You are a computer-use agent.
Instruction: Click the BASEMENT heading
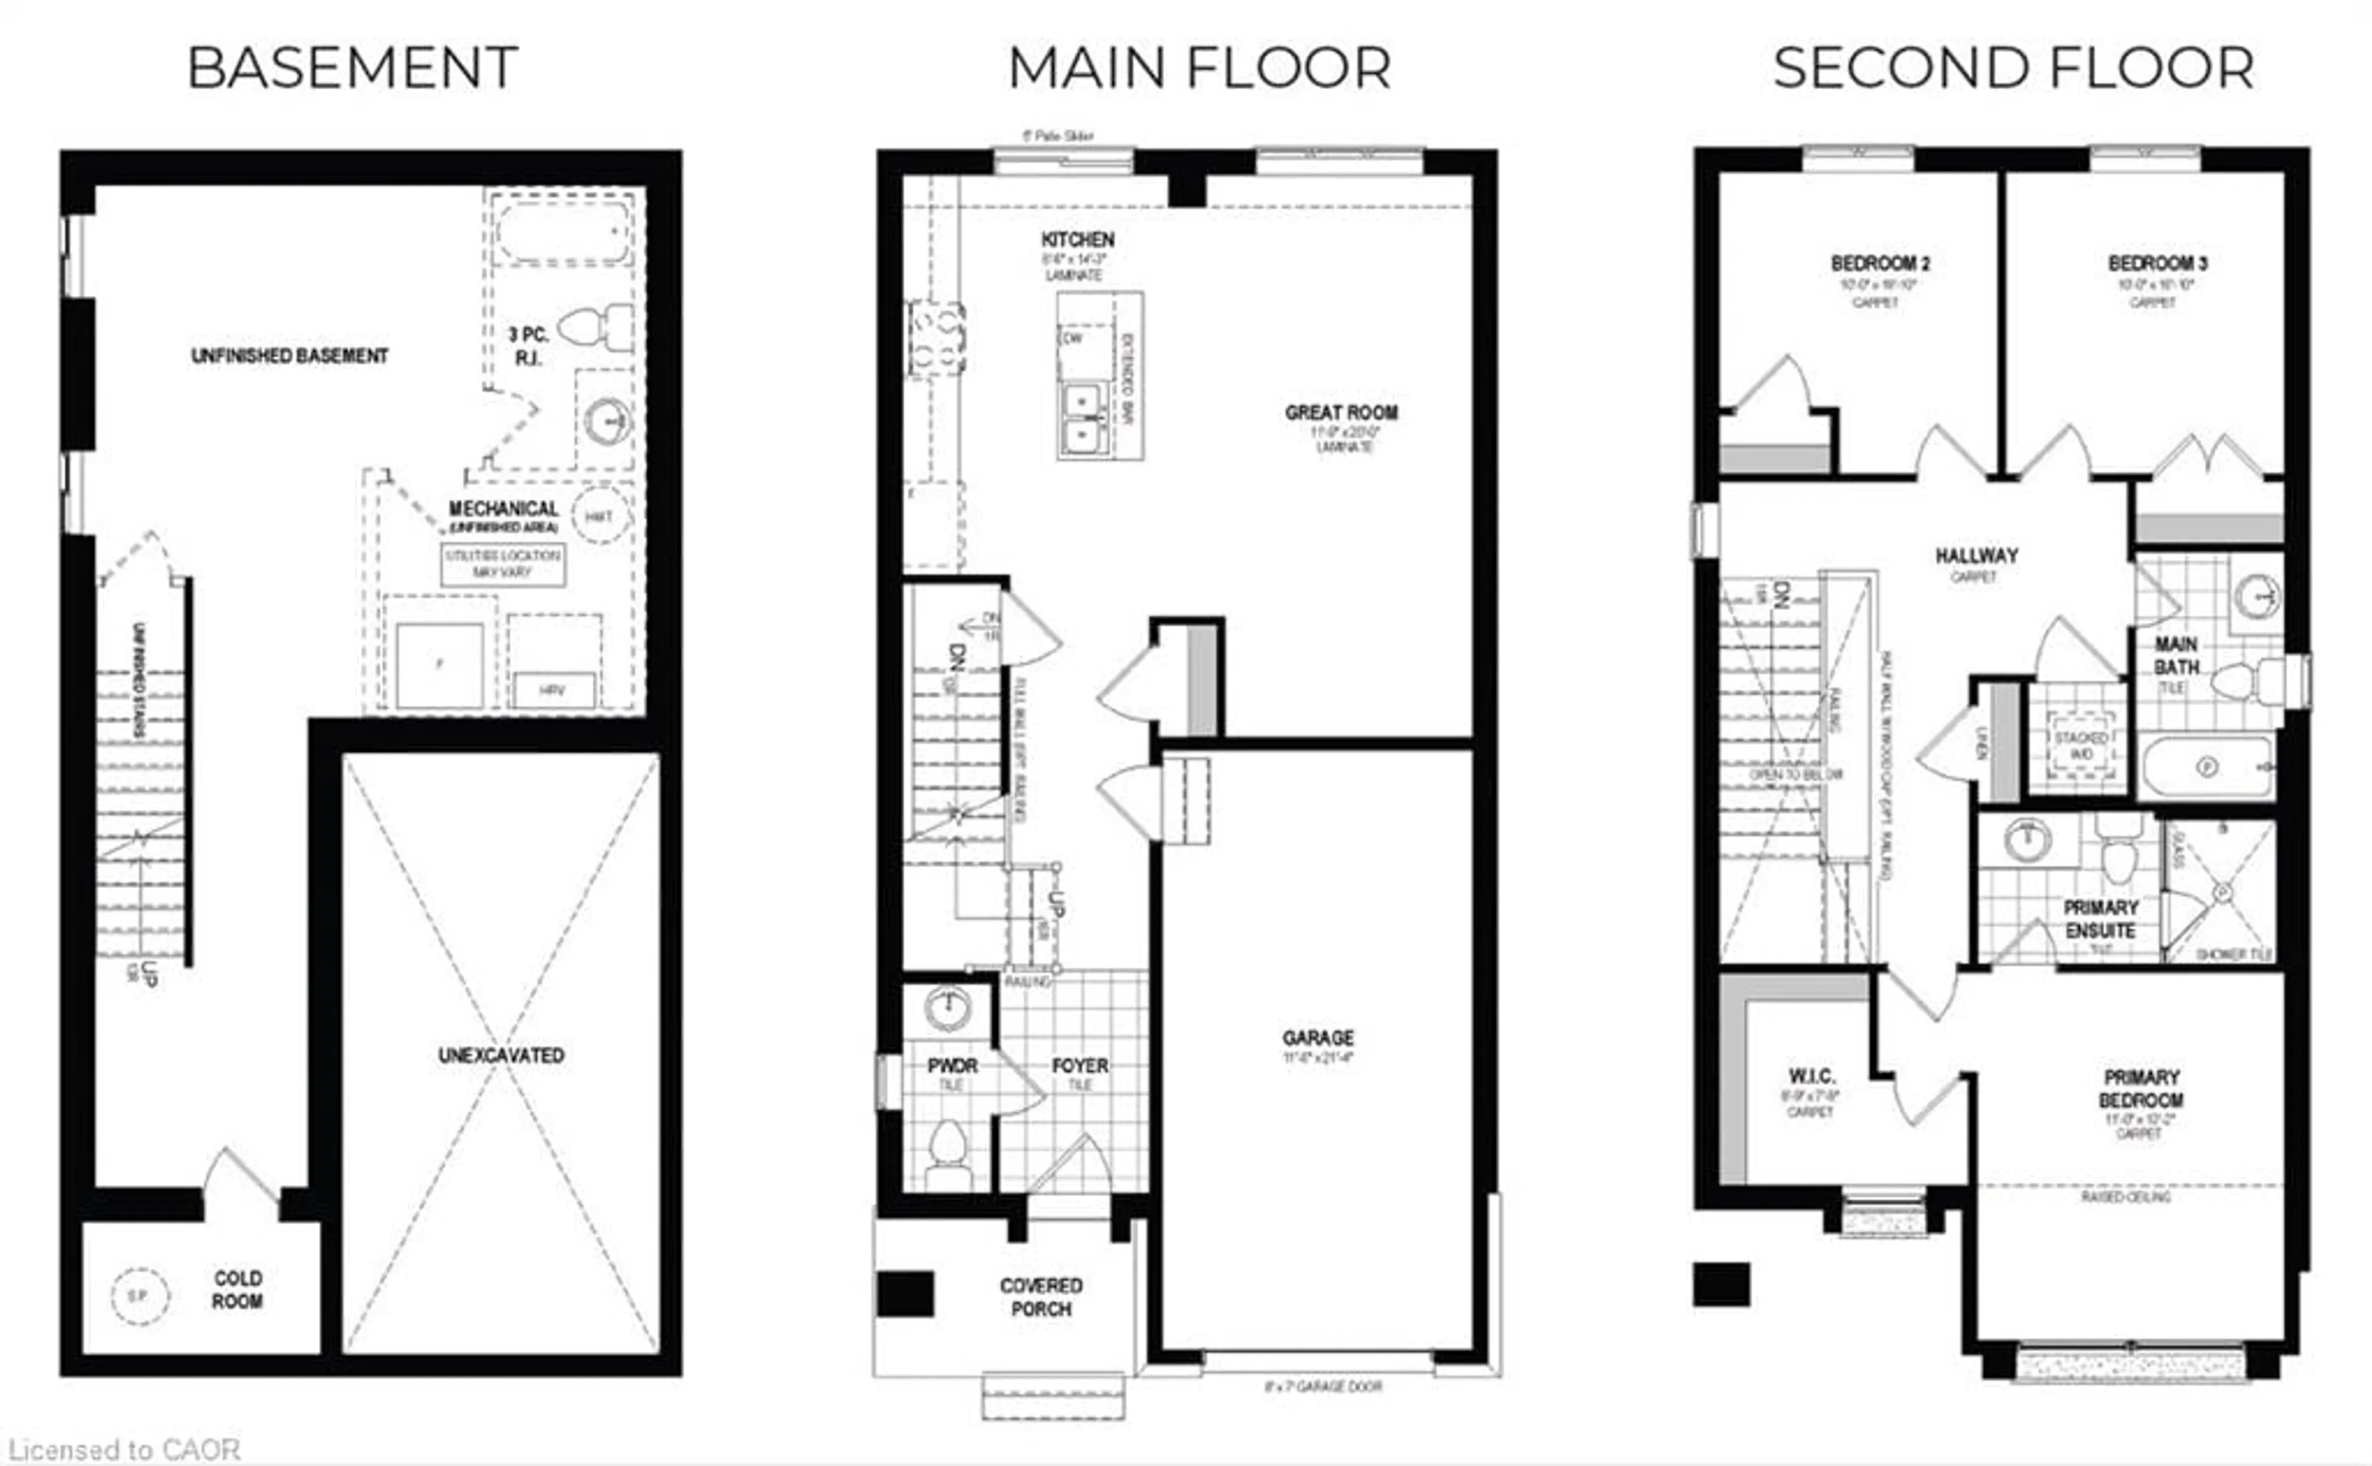tap(352, 69)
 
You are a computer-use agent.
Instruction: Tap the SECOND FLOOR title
tap(2012, 69)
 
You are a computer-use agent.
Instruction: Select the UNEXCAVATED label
tap(500, 1055)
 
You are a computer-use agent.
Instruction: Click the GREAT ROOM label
tap(1341, 413)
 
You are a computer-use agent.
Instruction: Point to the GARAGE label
tap(1317, 1037)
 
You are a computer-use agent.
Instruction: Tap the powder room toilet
tap(948, 1149)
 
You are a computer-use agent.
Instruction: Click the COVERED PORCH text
tap(1041, 1296)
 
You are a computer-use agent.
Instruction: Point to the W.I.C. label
tap(1811, 1076)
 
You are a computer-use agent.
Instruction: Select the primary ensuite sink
tap(2027, 840)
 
